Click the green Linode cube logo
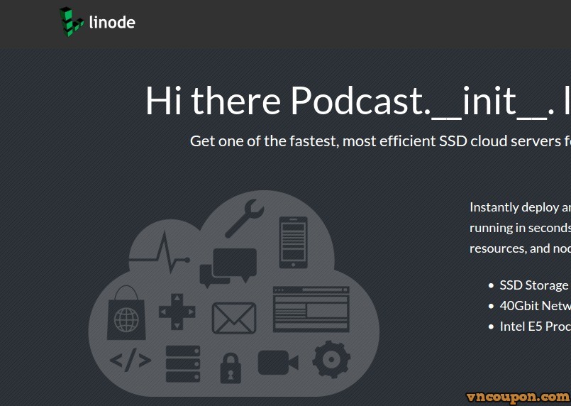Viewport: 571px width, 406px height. click(71, 21)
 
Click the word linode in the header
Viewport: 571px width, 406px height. click(112, 22)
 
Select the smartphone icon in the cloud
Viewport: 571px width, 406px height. click(293, 242)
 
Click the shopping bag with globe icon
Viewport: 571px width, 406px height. click(126, 312)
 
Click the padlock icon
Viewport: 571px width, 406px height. click(231, 367)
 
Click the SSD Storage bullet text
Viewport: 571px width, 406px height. click(533, 285)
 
